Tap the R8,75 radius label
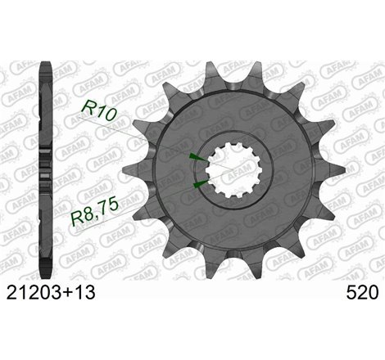115,216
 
